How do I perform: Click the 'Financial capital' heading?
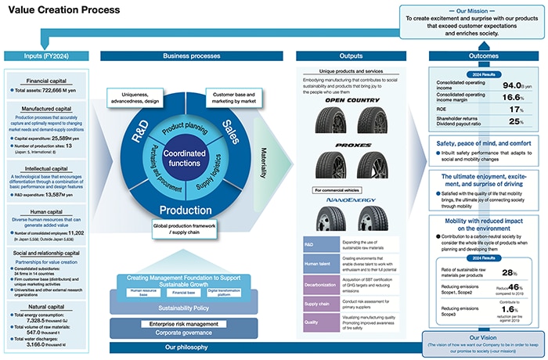[x=48, y=80]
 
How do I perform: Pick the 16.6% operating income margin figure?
[x=510, y=99]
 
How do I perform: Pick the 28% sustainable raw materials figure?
[x=509, y=272]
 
